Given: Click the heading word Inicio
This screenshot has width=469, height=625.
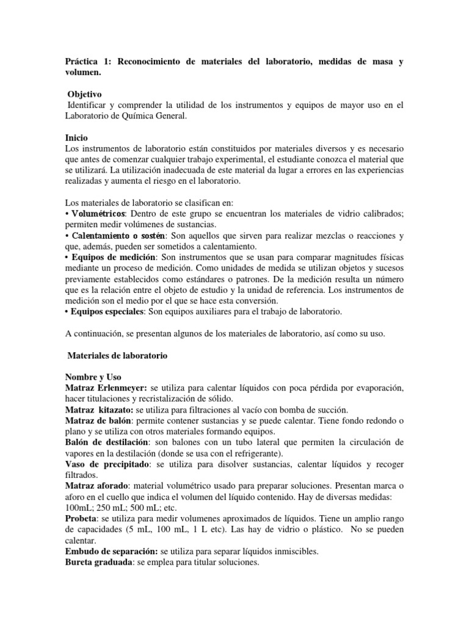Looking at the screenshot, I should [x=76, y=139].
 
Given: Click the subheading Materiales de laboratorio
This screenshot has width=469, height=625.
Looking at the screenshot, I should [x=115, y=355].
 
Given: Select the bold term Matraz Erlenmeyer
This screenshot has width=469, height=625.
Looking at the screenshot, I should [x=105, y=388].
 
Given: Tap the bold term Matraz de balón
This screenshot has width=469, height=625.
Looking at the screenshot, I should [x=98, y=421].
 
